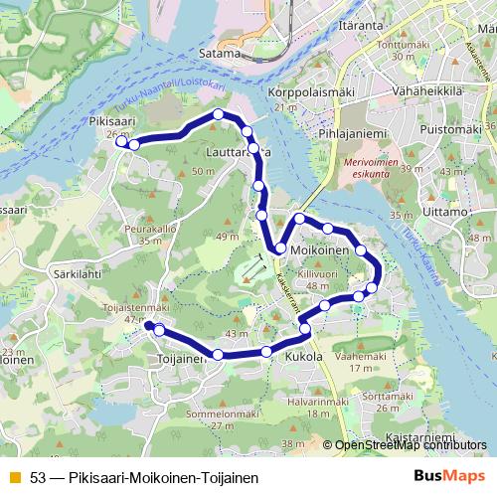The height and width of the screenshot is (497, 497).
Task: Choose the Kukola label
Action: [304, 356]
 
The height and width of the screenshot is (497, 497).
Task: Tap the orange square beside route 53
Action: [14, 477]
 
